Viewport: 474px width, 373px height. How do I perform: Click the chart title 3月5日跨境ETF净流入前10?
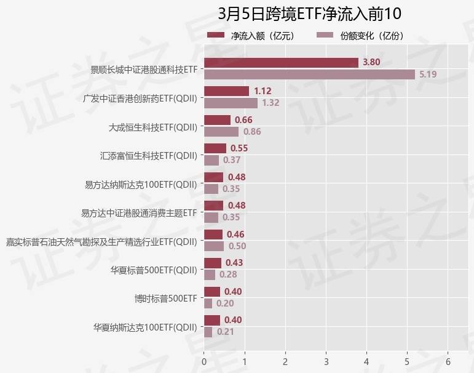tap(309, 14)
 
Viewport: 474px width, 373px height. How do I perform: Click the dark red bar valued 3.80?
tap(281, 62)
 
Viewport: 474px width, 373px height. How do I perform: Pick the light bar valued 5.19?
tap(309, 74)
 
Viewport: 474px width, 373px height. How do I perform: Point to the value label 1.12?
tap(263, 91)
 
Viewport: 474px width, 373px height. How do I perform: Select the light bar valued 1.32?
tap(231, 103)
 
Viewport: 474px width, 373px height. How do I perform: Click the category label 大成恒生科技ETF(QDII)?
tap(153, 127)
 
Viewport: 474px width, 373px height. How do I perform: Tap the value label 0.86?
tap(252, 132)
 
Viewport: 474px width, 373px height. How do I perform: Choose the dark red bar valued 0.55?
tap(215, 148)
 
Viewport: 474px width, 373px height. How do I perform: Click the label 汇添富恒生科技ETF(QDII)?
tap(149, 156)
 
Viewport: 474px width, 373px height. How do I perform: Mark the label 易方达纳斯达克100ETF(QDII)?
tap(141, 184)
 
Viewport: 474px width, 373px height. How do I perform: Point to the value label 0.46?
tap(235, 235)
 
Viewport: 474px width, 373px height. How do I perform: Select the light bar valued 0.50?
tap(214, 246)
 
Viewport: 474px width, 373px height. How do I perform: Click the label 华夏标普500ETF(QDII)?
tap(154, 270)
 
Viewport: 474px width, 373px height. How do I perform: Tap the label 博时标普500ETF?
tap(166, 299)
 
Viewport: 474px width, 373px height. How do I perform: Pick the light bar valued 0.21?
tap(208, 332)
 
